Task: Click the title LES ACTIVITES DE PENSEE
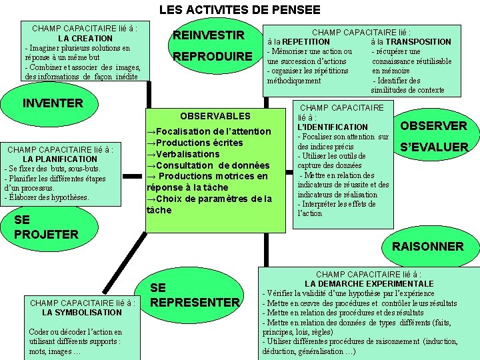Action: click(x=239, y=10)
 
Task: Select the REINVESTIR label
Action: click(x=209, y=35)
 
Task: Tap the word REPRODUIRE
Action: click(x=213, y=57)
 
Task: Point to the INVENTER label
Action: click(x=53, y=103)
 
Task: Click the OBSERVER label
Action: click(x=433, y=126)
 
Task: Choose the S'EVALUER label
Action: click(x=433, y=147)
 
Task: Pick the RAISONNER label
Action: click(x=427, y=246)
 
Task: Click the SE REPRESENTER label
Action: click(x=195, y=295)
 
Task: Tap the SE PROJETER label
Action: click(x=46, y=227)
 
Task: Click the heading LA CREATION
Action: click(x=85, y=39)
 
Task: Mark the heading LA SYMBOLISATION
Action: click(x=82, y=312)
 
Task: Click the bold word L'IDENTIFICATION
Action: click(x=333, y=127)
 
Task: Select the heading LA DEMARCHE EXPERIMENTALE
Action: click(x=369, y=283)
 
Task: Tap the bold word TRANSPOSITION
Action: click(x=418, y=41)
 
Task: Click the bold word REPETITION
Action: click(x=305, y=41)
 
